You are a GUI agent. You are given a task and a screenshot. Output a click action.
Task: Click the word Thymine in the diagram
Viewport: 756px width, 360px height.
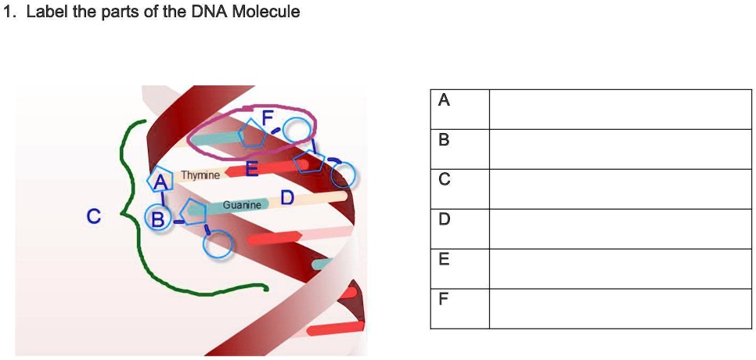[x=200, y=175]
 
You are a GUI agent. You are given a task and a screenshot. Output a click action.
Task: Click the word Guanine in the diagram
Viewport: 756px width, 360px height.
[x=242, y=205]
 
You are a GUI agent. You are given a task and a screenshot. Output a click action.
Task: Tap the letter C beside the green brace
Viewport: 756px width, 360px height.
[x=94, y=217]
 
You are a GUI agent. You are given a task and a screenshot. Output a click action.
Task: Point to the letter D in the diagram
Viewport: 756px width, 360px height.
[x=287, y=198]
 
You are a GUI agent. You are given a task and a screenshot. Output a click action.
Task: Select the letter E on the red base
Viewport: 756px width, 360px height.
[x=252, y=169]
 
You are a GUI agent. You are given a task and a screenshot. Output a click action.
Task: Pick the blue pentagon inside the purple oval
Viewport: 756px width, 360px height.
[x=252, y=132]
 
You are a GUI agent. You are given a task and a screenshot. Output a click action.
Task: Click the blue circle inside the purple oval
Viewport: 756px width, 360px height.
[x=297, y=129]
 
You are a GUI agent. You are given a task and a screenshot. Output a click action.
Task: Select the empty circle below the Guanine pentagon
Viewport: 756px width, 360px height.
[x=218, y=245]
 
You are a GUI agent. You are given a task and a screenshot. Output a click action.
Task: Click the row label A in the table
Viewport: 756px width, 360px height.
[x=445, y=100]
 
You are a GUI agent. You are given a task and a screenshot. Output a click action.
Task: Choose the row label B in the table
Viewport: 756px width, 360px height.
[x=445, y=140]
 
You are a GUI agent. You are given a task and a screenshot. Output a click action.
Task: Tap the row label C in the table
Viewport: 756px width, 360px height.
[x=445, y=180]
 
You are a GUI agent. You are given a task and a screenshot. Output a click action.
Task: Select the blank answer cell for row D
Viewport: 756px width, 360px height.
[x=621, y=229]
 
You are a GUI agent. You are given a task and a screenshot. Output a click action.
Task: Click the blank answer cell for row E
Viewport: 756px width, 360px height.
[x=621, y=269]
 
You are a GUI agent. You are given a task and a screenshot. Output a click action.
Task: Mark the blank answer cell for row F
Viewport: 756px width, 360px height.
[x=621, y=309]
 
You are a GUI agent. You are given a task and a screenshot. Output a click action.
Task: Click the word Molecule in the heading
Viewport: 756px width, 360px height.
[x=266, y=12]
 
